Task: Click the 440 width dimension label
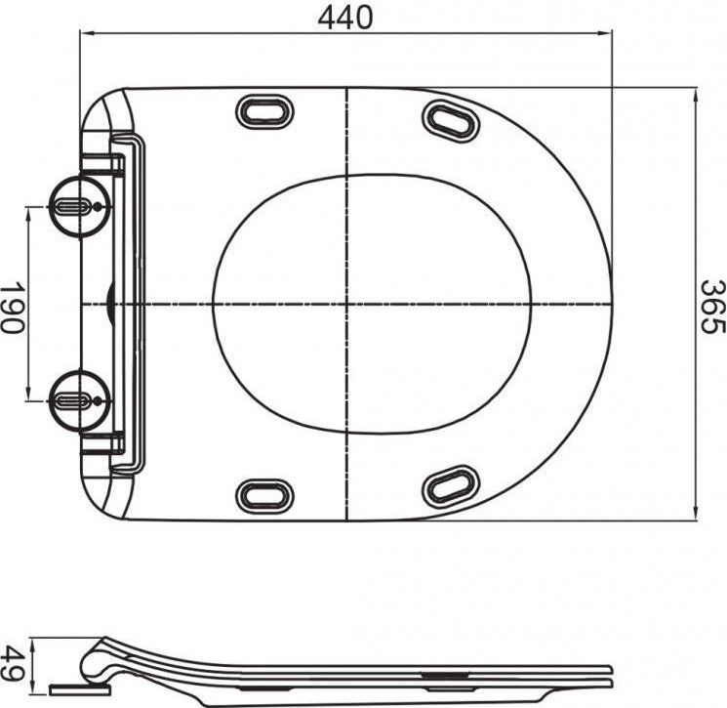[344, 18]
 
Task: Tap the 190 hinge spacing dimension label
[12, 307]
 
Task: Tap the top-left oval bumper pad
[264, 111]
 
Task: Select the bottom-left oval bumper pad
[264, 496]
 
